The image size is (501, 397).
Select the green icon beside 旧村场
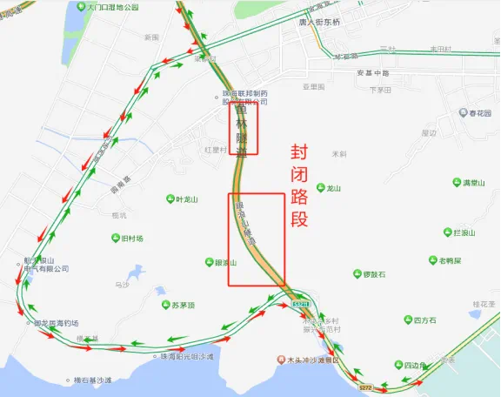[x=116, y=239]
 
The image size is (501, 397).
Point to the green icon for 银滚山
[x=208, y=261]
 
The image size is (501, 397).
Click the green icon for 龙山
[x=319, y=188]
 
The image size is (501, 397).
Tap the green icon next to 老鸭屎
[x=432, y=260]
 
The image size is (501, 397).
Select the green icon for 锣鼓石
[x=356, y=274]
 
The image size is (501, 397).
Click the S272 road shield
[x=365, y=385]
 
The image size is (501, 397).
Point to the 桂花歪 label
[x=483, y=304]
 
